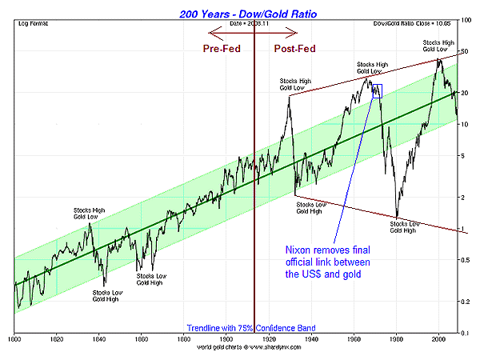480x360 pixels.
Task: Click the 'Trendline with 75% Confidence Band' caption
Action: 251,328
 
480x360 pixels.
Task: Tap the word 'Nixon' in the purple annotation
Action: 299,250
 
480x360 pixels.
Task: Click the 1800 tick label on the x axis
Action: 15,339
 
